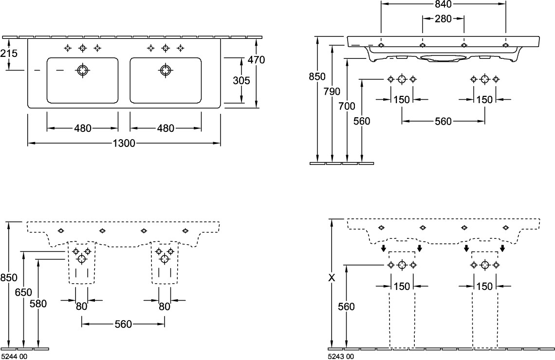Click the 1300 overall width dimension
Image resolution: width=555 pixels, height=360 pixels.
click(x=124, y=143)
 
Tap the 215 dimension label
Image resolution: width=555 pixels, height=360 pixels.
click(x=9, y=54)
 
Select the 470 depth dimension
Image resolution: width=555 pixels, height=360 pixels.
click(x=256, y=60)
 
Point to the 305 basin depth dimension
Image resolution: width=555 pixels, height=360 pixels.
click(x=241, y=81)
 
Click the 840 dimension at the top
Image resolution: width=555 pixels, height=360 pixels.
click(x=443, y=4)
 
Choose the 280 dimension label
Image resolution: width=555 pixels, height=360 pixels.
click(x=443, y=19)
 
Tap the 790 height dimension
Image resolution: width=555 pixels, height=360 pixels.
click(x=332, y=91)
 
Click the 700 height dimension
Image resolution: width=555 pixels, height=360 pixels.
click(x=347, y=106)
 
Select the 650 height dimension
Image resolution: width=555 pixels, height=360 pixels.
click(x=23, y=292)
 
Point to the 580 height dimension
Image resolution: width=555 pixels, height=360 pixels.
click(x=38, y=304)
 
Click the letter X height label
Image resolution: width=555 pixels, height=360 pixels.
click(x=332, y=278)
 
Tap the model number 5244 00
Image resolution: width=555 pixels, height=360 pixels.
click(x=14, y=357)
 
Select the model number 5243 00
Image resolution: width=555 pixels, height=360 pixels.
click(x=341, y=357)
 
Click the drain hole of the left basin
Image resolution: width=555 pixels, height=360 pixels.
click(x=82, y=71)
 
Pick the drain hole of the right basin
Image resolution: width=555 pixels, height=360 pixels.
click(x=166, y=71)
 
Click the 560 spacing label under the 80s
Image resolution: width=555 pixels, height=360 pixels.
click(x=123, y=324)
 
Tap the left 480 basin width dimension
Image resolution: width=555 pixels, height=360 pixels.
click(x=82, y=128)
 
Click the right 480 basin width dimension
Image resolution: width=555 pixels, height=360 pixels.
click(x=166, y=128)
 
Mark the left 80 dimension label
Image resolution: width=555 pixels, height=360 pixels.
click(x=81, y=306)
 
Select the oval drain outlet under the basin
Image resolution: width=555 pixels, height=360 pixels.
click(x=443, y=57)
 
